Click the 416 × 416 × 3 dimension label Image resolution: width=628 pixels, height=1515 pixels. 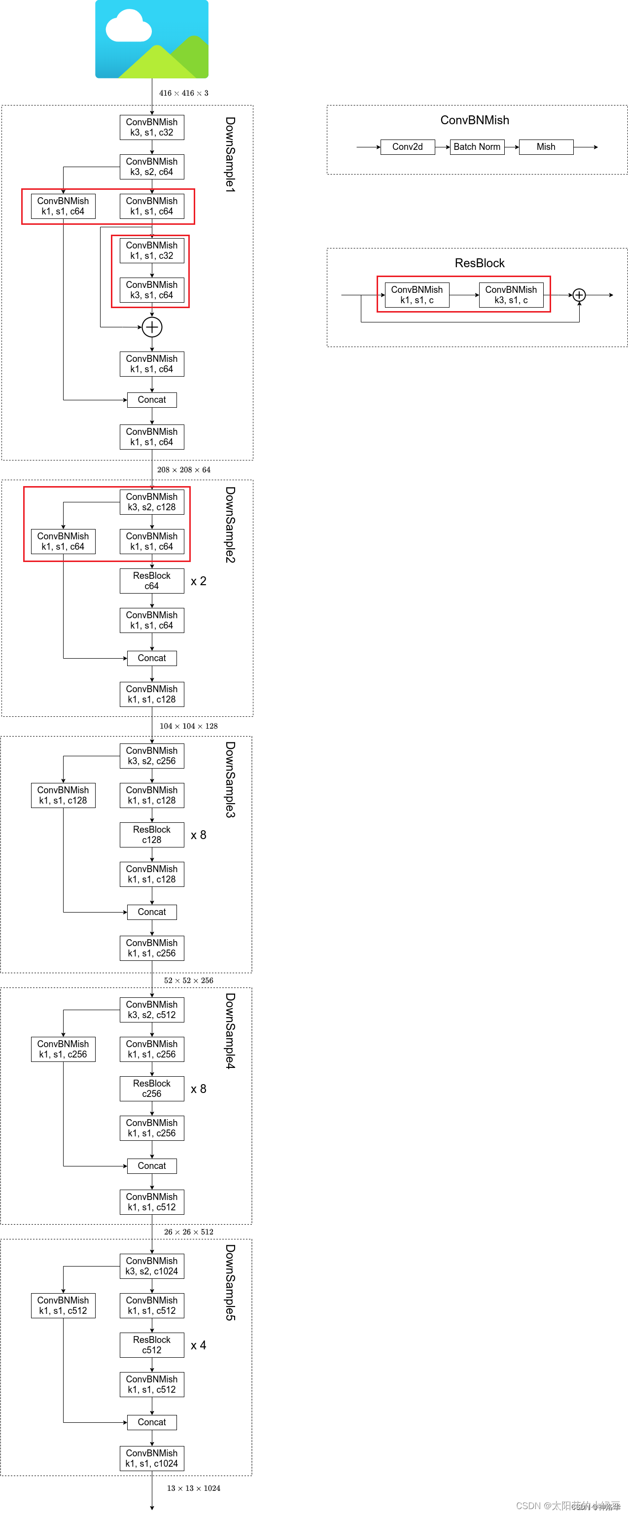point(183,93)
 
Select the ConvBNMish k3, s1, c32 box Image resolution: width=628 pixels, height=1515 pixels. point(152,127)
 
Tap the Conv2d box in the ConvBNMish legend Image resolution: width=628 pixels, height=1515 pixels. point(408,146)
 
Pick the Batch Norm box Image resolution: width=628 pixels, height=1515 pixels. point(477,146)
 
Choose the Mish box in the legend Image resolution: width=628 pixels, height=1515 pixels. point(546,146)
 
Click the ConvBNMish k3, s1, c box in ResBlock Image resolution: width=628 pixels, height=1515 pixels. point(511,295)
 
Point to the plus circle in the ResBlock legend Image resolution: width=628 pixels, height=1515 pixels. point(579,295)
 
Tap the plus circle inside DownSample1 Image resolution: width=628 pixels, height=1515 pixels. point(152,327)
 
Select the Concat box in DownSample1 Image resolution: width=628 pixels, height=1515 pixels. point(152,400)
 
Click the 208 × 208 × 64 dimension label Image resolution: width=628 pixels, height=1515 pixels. point(183,469)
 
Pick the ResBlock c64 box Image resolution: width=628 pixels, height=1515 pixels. point(152,580)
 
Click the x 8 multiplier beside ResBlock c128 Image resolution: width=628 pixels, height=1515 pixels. point(198,835)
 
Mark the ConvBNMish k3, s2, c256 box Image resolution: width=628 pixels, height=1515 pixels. point(152,756)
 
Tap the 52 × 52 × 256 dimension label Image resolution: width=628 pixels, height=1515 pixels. point(188,981)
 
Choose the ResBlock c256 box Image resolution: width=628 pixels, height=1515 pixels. point(152,1089)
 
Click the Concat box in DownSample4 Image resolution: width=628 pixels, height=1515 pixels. point(152,1165)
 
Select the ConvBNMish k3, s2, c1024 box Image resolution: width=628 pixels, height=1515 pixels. point(152,1266)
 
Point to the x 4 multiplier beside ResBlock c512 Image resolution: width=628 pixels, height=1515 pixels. point(198,1345)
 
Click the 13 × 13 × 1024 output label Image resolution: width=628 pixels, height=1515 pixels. point(193,1488)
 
